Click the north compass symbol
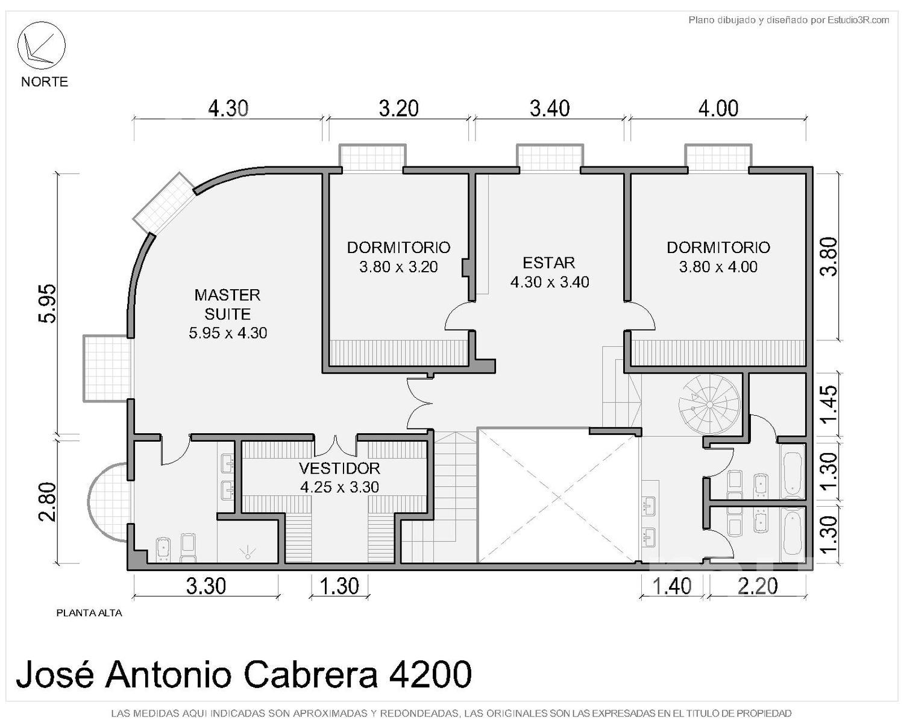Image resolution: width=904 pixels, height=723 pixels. pyautogui.click(x=42, y=45)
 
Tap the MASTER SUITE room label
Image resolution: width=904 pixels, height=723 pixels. pyautogui.click(x=227, y=304)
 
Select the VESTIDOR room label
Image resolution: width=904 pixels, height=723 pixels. pyautogui.click(x=339, y=468)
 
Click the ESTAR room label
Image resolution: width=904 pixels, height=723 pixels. pyautogui.click(x=548, y=263)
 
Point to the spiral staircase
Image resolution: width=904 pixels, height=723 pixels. pyautogui.click(x=709, y=404)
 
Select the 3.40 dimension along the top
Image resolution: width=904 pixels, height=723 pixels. pyautogui.click(x=550, y=108)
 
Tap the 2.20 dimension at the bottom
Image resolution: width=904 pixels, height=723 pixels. pyautogui.click(x=758, y=586)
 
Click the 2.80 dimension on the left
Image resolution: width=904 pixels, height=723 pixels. pyautogui.click(x=46, y=502)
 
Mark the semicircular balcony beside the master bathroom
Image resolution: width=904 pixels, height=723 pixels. pyautogui.click(x=107, y=502)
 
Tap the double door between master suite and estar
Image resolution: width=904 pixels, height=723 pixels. pyautogui.click(x=419, y=403)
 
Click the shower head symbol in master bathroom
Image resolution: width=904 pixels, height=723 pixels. pyautogui.click(x=248, y=552)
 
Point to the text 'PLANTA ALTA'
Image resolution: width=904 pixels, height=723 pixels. pyautogui.click(x=89, y=613)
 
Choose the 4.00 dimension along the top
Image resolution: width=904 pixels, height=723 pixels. pyautogui.click(x=718, y=108)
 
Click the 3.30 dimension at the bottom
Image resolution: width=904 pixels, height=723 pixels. pyautogui.click(x=206, y=586)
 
